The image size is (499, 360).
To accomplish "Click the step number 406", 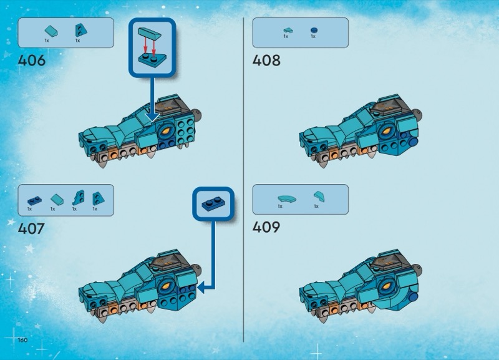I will [x=32, y=61].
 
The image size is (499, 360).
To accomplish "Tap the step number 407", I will [x=32, y=228].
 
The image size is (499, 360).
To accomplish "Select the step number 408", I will [x=266, y=61].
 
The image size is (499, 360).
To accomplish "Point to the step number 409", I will [x=266, y=227].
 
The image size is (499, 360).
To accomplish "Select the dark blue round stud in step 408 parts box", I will [x=313, y=29].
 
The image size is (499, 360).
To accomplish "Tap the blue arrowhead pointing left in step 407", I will [x=206, y=287].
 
